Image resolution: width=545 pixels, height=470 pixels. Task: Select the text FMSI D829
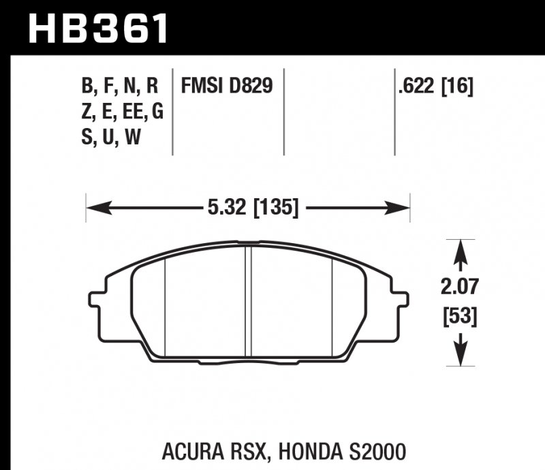(x=227, y=87)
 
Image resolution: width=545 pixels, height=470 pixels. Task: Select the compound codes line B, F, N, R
(x=120, y=87)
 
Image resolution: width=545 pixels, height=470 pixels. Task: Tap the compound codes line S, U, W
(x=110, y=138)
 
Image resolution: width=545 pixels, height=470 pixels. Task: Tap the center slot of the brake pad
(x=249, y=300)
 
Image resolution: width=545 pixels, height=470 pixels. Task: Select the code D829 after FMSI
(x=248, y=87)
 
